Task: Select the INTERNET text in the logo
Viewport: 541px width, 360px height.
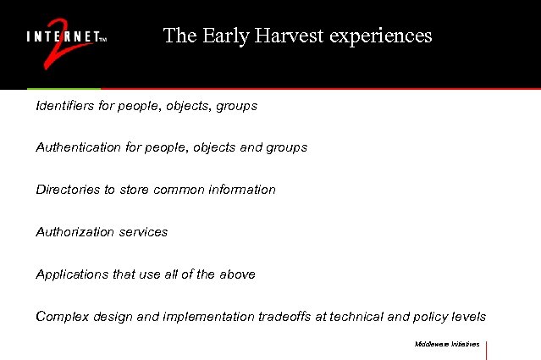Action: (62, 37)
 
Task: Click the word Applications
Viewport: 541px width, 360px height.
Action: (72, 274)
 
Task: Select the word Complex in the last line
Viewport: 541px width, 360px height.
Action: (61, 317)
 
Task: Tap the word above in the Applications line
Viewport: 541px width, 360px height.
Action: (237, 274)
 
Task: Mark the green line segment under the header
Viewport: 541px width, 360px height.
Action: (63, 88)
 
